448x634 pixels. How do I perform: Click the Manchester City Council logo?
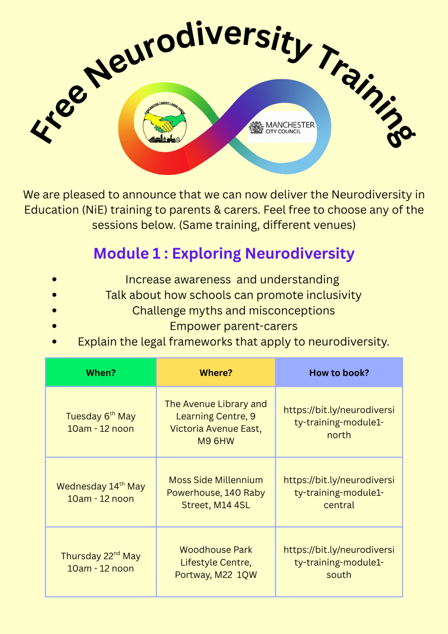point(282,128)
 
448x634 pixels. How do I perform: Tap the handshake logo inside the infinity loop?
point(165,123)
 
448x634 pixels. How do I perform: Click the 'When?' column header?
point(101,373)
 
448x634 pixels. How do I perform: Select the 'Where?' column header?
point(216,373)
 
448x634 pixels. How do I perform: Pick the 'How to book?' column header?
point(339,373)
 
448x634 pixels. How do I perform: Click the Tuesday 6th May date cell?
point(101,422)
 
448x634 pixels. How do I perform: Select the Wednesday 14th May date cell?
point(101,492)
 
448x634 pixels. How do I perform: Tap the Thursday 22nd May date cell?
point(101,562)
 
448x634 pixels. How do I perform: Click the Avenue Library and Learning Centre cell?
point(216,422)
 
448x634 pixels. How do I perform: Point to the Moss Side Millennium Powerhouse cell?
point(216,492)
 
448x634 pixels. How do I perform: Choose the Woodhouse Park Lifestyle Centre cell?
point(216,562)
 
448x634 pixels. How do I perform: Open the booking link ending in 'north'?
point(339,422)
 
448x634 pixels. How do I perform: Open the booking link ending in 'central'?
point(339,492)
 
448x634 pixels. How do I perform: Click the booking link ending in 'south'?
point(339,562)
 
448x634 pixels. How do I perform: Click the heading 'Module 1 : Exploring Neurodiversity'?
point(224,253)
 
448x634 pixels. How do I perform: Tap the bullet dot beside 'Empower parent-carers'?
point(54,326)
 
